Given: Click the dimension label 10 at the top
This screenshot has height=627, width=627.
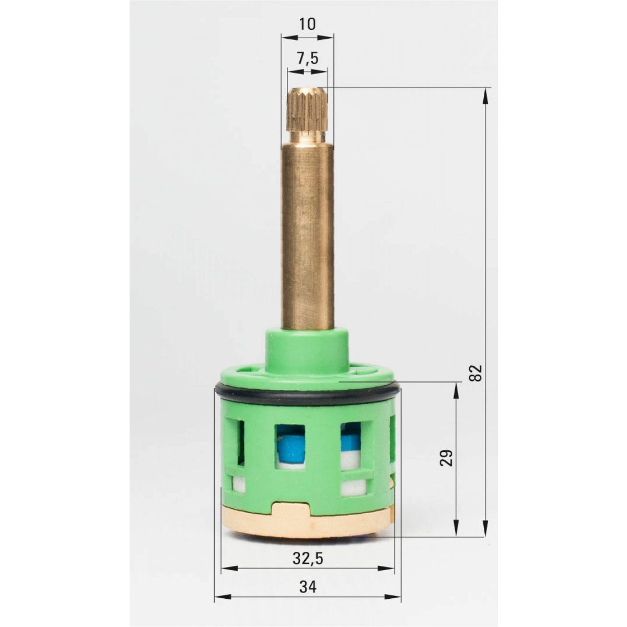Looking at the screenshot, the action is tap(307, 24).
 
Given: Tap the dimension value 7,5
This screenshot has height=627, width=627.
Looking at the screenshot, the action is tap(307, 59).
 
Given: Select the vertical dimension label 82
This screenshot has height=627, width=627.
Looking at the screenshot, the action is tap(475, 373).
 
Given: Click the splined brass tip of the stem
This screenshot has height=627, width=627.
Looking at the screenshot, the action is tap(307, 116).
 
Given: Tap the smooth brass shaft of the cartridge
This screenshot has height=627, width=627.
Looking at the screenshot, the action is tap(307, 236).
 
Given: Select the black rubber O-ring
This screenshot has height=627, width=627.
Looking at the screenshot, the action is tap(307, 392).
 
